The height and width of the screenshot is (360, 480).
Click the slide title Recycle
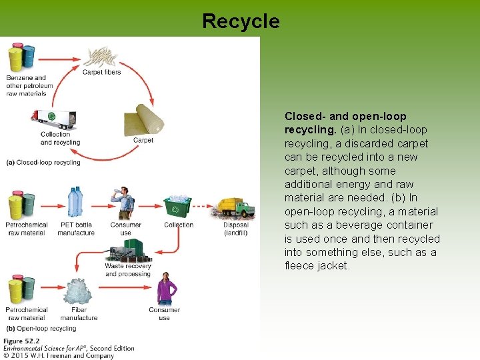241,21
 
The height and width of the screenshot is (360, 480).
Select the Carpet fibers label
101,72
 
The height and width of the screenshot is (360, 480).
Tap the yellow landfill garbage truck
235,207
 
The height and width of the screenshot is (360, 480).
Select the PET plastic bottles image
75,203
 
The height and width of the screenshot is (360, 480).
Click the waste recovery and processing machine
127,251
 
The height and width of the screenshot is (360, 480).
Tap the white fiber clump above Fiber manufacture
78,292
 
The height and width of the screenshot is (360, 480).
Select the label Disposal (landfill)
236,229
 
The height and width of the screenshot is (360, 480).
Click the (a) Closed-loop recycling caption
43,162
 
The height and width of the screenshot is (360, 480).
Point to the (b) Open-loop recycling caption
41,329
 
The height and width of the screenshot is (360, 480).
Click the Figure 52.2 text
21,341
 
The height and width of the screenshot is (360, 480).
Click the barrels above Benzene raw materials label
21,58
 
